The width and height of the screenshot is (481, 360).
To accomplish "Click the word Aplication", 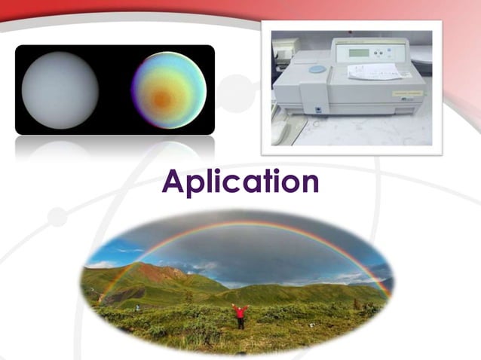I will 240,183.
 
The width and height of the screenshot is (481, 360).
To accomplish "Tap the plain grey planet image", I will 60,90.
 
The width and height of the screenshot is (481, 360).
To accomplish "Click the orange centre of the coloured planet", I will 161,99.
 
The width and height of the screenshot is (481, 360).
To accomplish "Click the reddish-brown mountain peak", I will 150,268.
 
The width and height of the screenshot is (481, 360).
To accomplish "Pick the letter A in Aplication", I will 174,182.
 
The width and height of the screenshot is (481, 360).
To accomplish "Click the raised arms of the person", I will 240,307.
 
